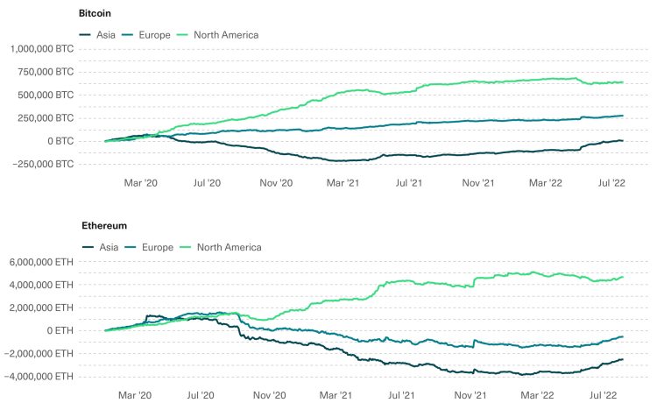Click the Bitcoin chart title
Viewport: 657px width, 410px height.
95,15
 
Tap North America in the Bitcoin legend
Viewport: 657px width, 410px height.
225,35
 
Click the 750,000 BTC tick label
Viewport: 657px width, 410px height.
49,72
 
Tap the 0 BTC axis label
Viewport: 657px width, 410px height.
63,141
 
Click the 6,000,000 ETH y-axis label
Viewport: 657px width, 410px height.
44,261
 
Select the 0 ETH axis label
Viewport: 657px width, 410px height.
63,330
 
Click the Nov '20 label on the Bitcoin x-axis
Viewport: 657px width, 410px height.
275,183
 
